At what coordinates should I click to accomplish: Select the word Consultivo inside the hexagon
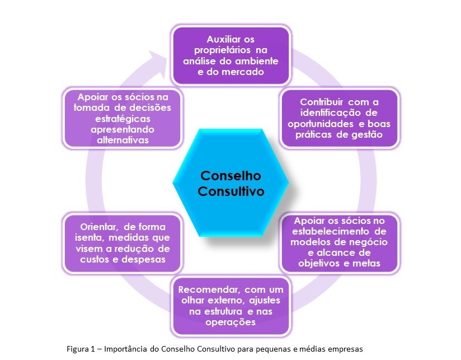(x=231, y=191)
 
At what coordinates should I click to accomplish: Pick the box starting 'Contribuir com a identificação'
(x=339, y=118)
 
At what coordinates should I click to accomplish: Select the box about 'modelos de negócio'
(x=339, y=242)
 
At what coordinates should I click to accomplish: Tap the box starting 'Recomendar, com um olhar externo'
(x=230, y=306)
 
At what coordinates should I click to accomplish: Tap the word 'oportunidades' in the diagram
(x=320, y=123)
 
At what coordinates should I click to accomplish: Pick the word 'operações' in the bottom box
(x=230, y=322)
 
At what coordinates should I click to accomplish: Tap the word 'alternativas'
(x=123, y=140)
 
